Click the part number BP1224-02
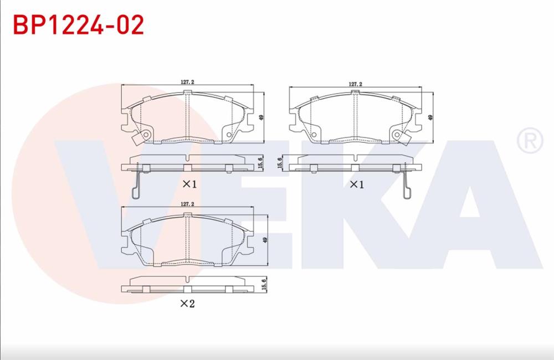[x=79, y=25]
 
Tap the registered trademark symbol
[x=530, y=141]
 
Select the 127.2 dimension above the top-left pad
[x=187, y=82]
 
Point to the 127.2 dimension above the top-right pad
[x=355, y=84]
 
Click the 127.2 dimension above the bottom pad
[x=187, y=204]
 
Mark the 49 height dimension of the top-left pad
[x=260, y=117]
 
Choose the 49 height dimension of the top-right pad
[x=430, y=117]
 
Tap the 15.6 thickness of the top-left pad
[x=261, y=164]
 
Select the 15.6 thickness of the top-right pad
[x=280, y=163]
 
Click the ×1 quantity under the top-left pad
[x=189, y=184]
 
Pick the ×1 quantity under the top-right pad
[x=356, y=184]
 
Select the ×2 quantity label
[x=187, y=303]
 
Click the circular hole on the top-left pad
[x=146, y=135]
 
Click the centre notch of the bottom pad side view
[x=187, y=289]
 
